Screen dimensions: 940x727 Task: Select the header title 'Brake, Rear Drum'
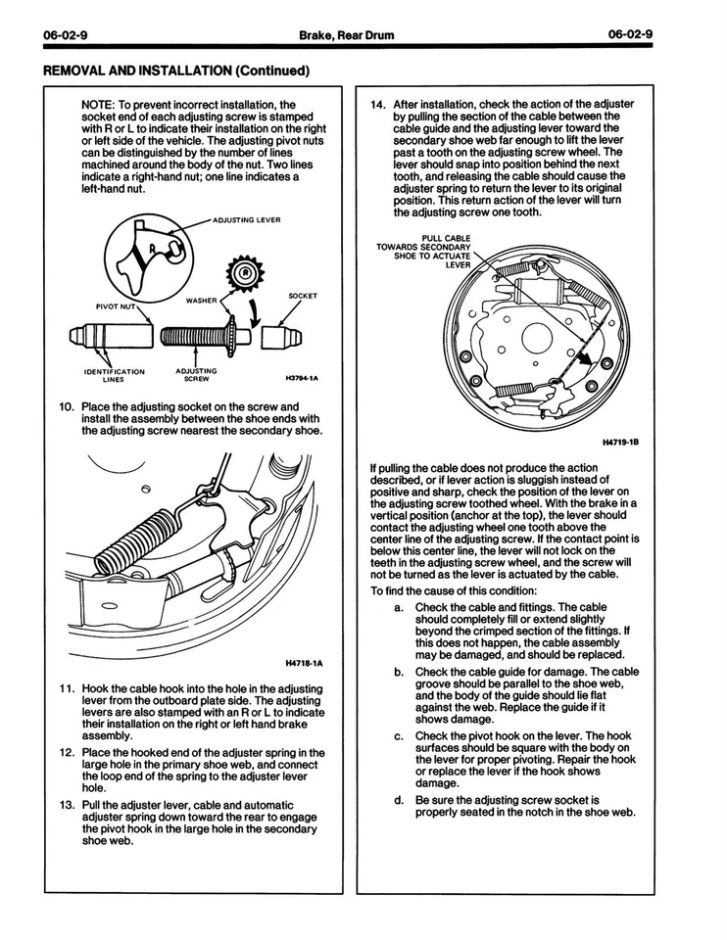pos(348,36)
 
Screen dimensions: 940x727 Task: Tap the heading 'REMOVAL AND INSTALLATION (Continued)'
pos(176,70)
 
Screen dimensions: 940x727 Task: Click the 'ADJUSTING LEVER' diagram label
pos(247,220)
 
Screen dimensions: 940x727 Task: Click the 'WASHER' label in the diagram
pos(202,300)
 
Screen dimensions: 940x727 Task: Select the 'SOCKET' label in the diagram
pos(303,295)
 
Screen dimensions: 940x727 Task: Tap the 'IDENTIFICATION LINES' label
pos(114,376)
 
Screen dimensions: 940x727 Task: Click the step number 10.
pos(67,405)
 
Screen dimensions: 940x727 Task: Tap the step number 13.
pos(67,805)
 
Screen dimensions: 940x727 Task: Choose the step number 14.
pos(377,104)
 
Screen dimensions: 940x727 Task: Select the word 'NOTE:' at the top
pos(98,104)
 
